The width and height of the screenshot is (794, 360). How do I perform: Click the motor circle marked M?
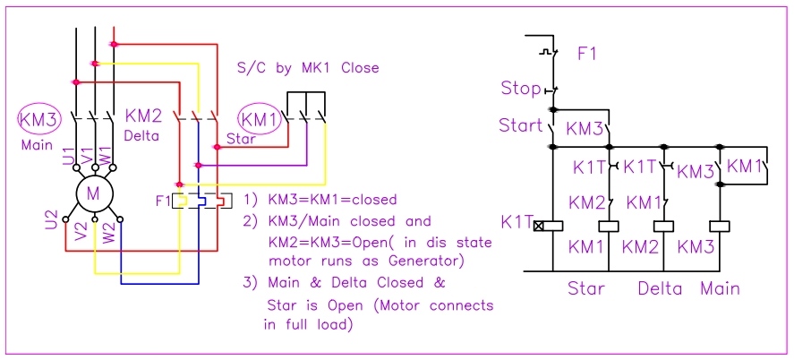pyautogui.click(x=93, y=191)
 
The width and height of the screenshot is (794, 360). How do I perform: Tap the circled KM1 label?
pyautogui.click(x=259, y=118)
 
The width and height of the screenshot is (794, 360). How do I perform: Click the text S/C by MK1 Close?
pyautogui.click(x=307, y=68)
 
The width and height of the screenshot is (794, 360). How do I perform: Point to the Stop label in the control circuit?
pyautogui.click(x=520, y=89)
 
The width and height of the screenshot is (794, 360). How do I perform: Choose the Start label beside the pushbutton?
pyautogui.click(x=521, y=125)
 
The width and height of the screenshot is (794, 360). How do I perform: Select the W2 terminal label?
pyautogui.click(x=108, y=235)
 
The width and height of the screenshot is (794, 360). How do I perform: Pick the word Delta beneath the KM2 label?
pyautogui.click(x=142, y=136)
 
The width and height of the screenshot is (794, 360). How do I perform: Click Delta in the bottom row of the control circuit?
pyautogui.click(x=660, y=288)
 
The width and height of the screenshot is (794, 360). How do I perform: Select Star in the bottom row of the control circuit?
pyautogui.click(x=586, y=288)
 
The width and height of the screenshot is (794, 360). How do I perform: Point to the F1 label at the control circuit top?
pyautogui.click(x=587, y=54)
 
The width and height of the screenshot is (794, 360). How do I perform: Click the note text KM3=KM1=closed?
pyautogui.click(x=330, y=199)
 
